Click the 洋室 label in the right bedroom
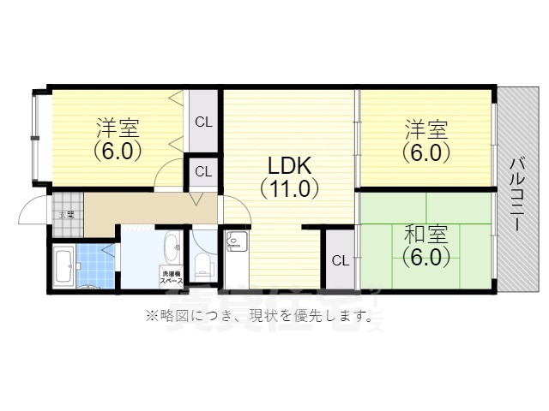click(425, 130)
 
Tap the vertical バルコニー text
click(518, 194)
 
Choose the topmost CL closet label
click(203, 122)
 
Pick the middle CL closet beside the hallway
click(203, 171)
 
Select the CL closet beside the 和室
click(340, 260)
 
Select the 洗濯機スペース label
click(171, 276)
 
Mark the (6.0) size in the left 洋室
click(118, 151)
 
